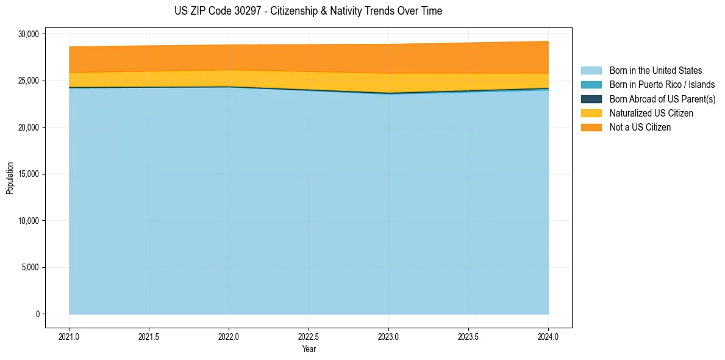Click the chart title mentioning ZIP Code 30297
point(308,11)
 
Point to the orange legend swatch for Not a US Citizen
point(591,128)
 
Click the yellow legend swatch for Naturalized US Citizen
point(591,113)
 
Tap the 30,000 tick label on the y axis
point(29,34)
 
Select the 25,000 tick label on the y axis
point(29,81)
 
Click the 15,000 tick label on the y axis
point(29,174)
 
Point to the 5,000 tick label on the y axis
point(30,267)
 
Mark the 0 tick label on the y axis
point(37,314)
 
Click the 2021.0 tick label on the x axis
point(70,336)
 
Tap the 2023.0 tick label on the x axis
point(388,336)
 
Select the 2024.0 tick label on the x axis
point(548,336)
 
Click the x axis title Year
point(309,349)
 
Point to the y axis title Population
point(10,178)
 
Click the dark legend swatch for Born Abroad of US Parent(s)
point(591,99)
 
